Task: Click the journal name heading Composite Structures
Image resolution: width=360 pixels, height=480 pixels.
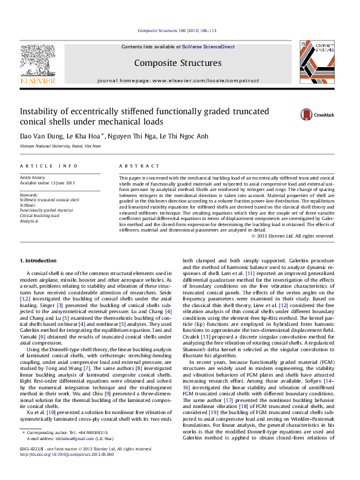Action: pos(177,63)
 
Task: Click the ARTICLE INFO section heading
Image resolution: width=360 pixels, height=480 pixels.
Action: pos(49,166)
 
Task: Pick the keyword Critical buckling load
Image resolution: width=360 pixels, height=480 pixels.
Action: pos(39,216)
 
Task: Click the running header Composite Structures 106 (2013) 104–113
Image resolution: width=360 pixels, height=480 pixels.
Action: pos(177,30)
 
